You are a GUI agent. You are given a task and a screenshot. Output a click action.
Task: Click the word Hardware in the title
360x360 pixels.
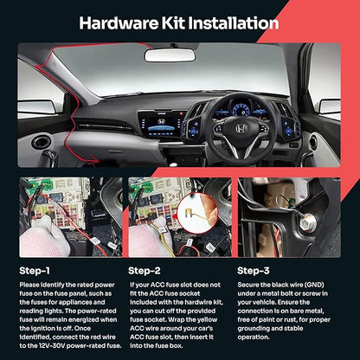[119, 23]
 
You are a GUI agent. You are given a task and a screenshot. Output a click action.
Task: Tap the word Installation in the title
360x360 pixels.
[234, 23]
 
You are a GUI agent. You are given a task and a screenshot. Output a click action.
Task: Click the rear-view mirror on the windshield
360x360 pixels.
[170, 55]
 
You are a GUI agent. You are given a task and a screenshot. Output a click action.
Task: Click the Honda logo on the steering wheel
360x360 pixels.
[241, 129]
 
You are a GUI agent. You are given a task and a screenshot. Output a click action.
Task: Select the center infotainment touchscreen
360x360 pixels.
[163, 125]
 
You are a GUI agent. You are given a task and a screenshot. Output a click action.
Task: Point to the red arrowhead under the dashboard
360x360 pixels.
[94, 158]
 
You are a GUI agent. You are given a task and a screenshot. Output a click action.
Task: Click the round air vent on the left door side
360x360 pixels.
[41, 143]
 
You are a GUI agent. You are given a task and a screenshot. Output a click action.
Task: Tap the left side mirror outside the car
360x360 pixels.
[36, 107]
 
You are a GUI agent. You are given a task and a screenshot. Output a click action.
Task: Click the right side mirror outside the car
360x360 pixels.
[330, 106]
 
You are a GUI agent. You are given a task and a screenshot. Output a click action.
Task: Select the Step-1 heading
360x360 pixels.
[35, 271]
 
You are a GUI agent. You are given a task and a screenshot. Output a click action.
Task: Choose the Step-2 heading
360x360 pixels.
[145, 271]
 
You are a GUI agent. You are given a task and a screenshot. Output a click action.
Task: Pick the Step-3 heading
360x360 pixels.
[254, 271]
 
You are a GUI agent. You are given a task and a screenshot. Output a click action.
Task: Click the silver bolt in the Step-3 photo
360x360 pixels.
[306, 223]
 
